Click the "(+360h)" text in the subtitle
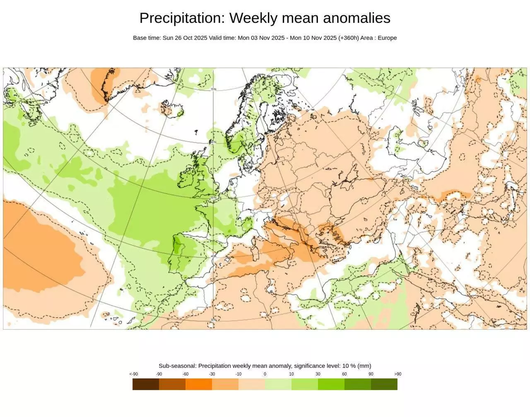click(348, 38)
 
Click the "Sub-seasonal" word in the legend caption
click(177, 366)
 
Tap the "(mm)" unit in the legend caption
click(364, 366)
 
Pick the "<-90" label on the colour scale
click(133, 374)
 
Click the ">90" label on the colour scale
click(397, 374)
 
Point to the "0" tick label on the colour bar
click(265, 374)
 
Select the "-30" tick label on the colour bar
click(212, 374)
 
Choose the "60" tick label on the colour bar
click(344, 374)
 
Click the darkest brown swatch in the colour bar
click(146, 384)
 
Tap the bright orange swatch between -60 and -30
click(199, 384)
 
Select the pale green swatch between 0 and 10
click(278, 384)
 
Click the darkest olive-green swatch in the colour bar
click(384, 384)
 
